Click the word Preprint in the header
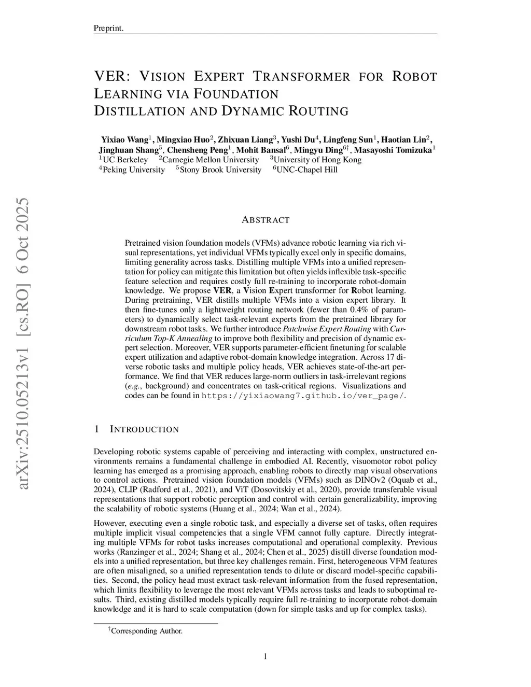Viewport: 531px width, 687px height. click(x=108, y=28)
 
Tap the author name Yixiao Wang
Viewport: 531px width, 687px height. click(x=124, y=139)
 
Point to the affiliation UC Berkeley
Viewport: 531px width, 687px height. click(x=124, y=160)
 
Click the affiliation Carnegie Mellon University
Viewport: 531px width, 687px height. click(x=211, y=160)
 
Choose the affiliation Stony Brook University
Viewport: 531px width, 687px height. click(x=220, y=170)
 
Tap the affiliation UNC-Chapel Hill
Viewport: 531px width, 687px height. click(x=307, y=170)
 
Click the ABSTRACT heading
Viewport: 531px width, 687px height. click(x=265, y=220)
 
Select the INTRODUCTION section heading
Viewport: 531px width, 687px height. click(x=144, y=429)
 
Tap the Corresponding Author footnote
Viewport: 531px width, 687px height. click(x=147, y=631)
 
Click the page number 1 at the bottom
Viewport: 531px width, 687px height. click(x=265, y=657)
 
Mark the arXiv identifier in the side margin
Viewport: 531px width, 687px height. click(x=23, y=342)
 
